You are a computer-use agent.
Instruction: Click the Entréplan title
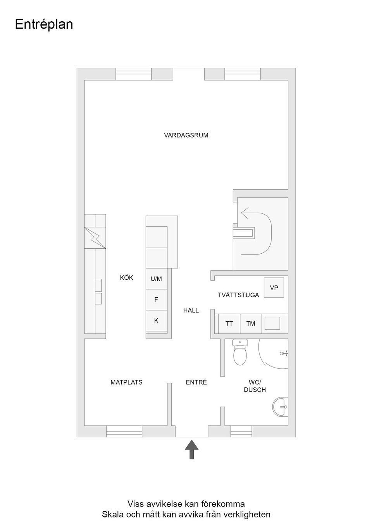pos(44,24)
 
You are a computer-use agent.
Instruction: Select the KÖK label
pos(126,278)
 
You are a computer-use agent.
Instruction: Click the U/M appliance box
pos(156,279)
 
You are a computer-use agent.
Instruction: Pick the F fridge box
pos(156,299)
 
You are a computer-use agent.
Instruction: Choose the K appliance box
pos(156,320)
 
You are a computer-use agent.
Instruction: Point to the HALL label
pos(191,310)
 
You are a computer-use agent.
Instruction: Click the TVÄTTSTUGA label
pos(238,295)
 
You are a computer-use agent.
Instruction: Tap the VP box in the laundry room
pos(274,288)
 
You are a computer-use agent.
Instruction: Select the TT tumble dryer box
pos(229,323)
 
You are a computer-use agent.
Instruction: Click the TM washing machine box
pos(251,323)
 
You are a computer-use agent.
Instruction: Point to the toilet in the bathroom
pos(240,352)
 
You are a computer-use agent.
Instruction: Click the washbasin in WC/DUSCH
pos(281,407)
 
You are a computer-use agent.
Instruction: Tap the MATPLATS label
pos(126,382)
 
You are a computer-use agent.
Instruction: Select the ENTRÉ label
pos(196,382)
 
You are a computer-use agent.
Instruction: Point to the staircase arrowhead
pos(245,213)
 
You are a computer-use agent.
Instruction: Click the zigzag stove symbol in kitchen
pos(95,237)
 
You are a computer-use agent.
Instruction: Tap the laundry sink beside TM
pos(272,323)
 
